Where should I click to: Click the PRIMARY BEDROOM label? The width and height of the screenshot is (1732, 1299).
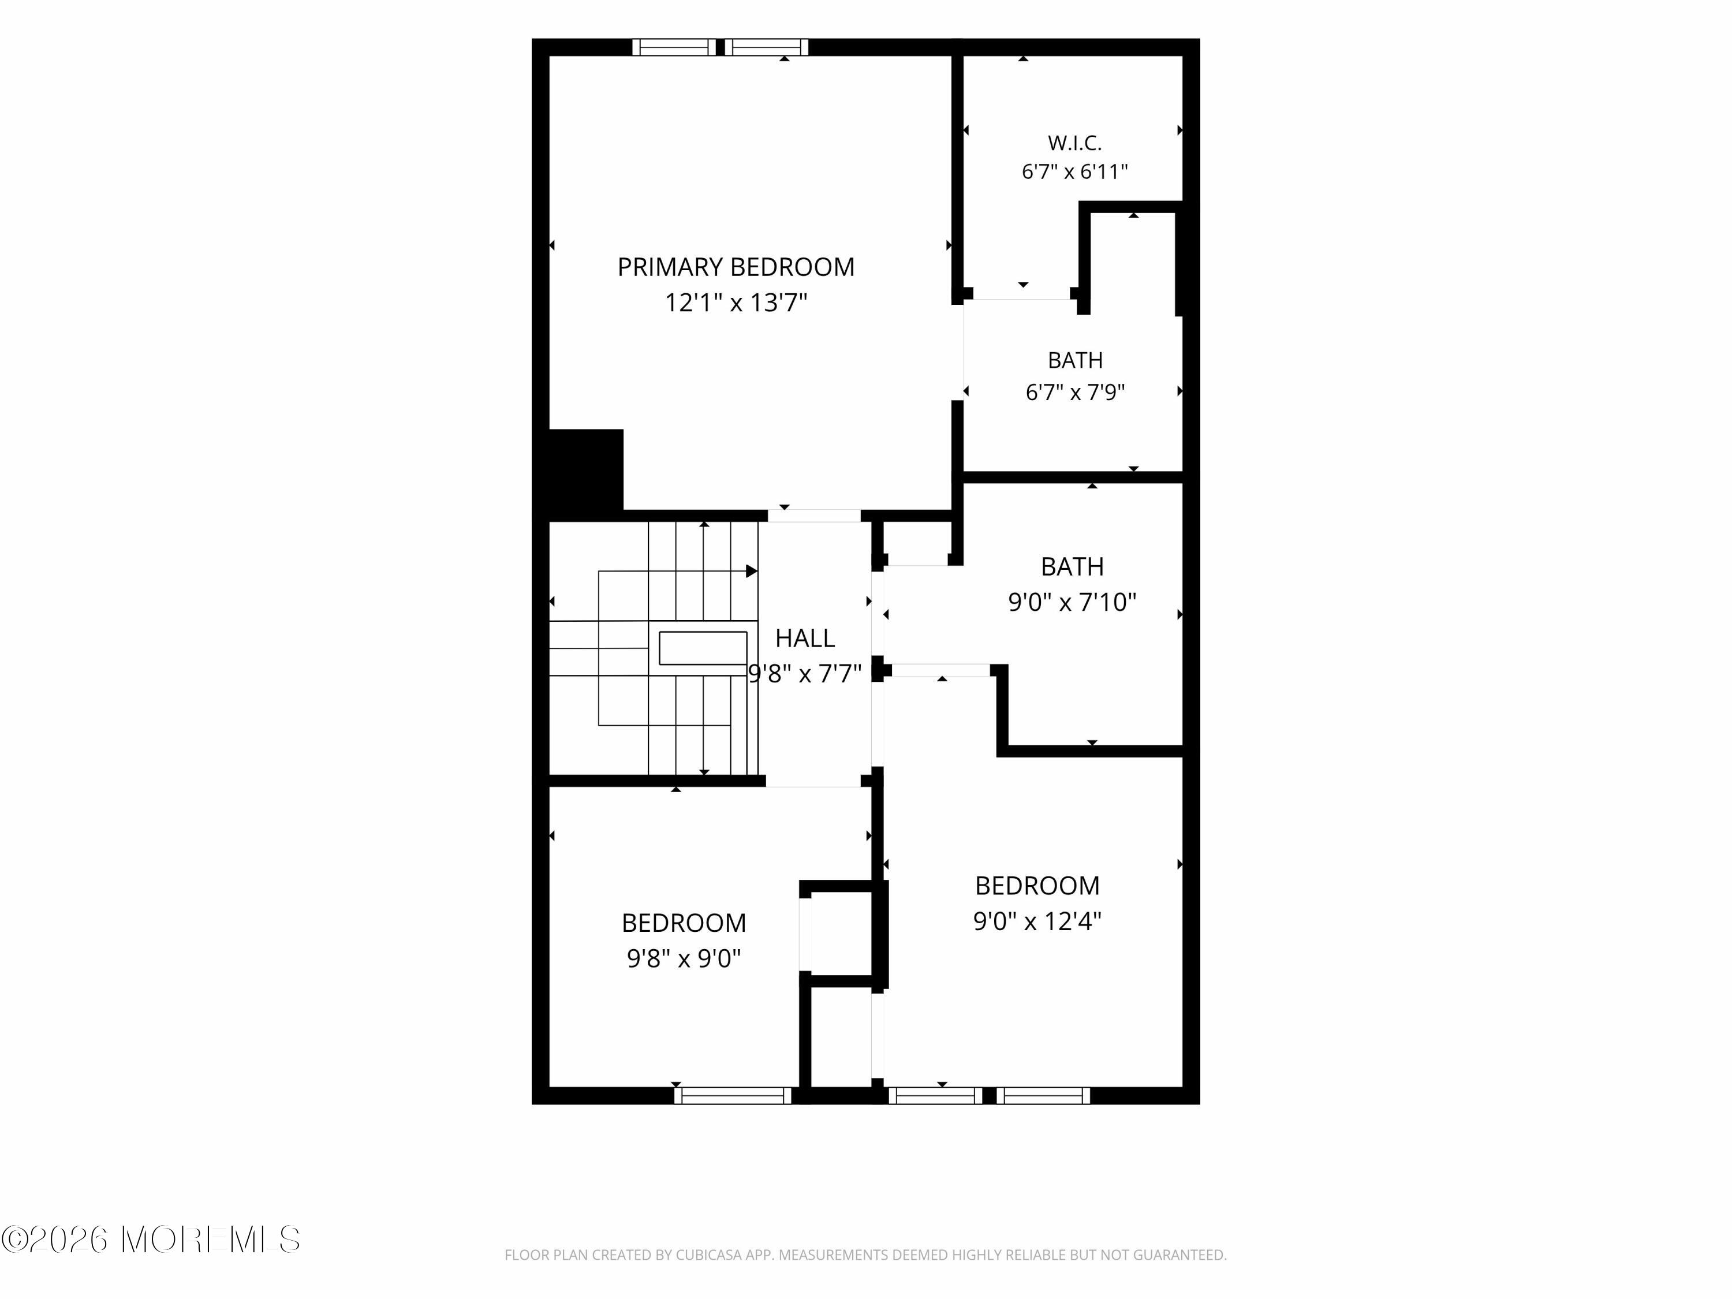[x=736, y=267]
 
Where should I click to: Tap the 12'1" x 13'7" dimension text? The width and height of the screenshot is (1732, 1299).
[x=736, y=303]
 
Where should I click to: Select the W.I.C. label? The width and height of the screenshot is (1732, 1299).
[x=1075, y=143]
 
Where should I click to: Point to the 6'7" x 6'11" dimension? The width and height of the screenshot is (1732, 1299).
[x=1075, y=171]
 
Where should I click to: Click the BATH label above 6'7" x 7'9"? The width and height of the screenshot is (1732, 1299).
[x=1075, y=360]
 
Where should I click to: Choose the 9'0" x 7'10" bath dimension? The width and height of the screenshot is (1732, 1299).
[x=1072, y=602]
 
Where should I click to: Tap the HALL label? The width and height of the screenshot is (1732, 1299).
[x=805, y=638]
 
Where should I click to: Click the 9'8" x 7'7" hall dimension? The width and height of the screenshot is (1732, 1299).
[x=805, y=673]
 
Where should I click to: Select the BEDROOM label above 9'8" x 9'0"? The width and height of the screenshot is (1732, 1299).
[x=684, y=923]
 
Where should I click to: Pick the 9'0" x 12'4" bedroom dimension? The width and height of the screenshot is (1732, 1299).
[x=1037, y=921]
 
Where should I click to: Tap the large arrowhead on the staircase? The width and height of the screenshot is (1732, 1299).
[x=752, y=572]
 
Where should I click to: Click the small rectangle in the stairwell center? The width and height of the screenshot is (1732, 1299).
[x=703, y=648]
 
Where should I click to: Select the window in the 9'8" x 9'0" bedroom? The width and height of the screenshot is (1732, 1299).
[x=733, y=1095]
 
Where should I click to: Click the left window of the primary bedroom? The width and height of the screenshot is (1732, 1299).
[x=674, y=47]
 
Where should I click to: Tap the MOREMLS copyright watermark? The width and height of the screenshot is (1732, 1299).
[x=150, y=1240]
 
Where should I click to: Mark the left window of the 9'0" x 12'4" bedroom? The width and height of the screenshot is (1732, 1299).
[x=936, y=1095]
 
